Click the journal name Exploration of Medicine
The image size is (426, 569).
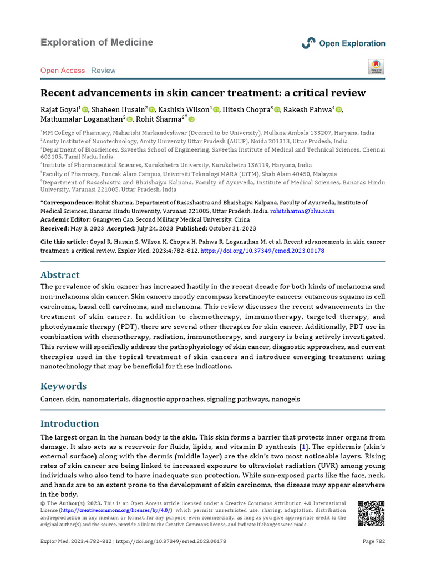pos(97,42)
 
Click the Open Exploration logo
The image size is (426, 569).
pos(343,43)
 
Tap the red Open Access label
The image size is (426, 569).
pos(63,71)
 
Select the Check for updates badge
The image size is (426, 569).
pos(376,67)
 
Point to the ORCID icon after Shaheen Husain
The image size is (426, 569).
pos(151,109)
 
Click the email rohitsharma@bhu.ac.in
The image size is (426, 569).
pos(302,212)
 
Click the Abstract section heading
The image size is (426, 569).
pos(60,275)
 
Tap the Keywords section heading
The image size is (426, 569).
pos(63,386)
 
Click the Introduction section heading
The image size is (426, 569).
pos(70,423)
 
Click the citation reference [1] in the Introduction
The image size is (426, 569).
pos(303,447)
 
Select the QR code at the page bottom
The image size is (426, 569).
pos(371,514)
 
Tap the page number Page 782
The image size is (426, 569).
pos(373,541)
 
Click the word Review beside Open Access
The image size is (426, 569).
pos(103,71)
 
